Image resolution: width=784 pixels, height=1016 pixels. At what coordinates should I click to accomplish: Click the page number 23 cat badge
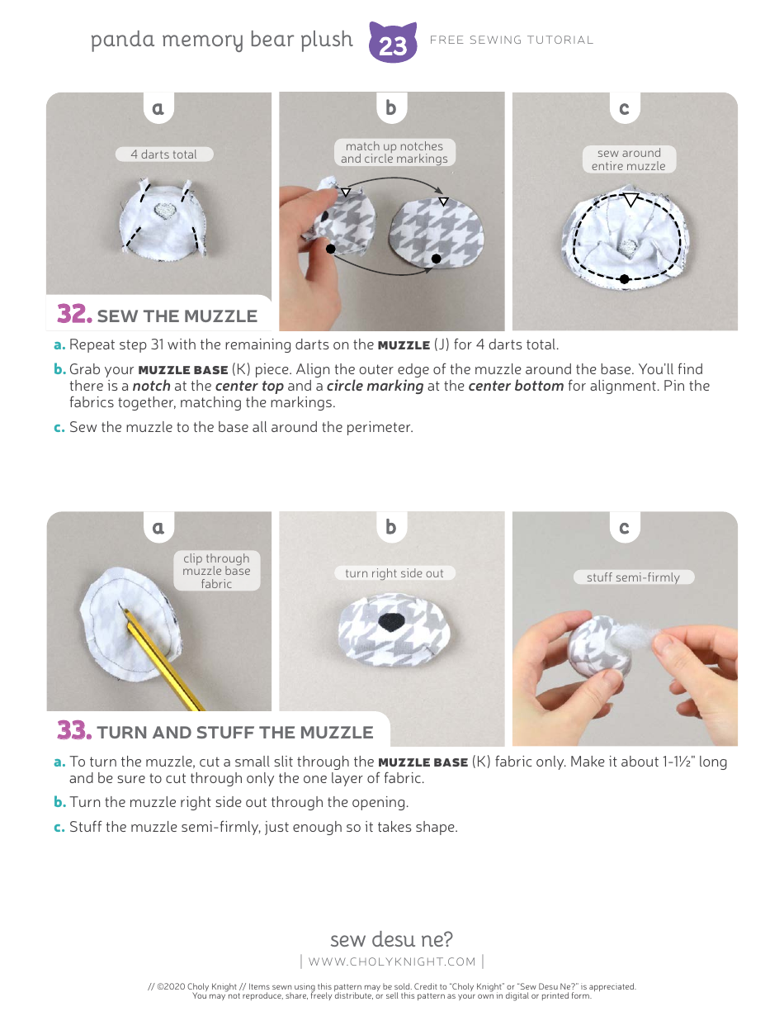pyautogui.click(x=393, y=43)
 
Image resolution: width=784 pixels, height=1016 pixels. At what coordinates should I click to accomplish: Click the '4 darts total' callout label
pyautogui.click(x=163, y=154)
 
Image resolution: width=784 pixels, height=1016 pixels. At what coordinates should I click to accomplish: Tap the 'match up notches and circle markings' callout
pyautogui.click(x=394, y=153)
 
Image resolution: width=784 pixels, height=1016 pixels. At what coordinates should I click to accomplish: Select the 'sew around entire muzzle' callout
pyautogui.click(x=629, y=159)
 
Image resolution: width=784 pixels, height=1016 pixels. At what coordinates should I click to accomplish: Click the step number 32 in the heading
pyautogui.click(x=73, y=315)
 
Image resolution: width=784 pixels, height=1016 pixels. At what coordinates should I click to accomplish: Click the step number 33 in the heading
pyautogui.click(x=73, y=731)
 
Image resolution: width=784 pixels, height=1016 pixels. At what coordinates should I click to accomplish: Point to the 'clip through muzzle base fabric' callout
pyautogui.click(x=216, y=571)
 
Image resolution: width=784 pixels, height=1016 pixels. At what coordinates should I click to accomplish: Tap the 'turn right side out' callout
pyautogui.click(x=394, y=573)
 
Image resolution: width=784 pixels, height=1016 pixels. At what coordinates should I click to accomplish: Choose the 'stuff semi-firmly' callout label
pyautogui.click(x=633, y=577)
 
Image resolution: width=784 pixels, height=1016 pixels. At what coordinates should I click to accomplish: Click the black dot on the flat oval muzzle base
pyautogui.click(x=436, y=259)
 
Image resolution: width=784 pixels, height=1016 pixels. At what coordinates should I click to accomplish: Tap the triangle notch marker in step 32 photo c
pyautogui.click(x=631, y=200)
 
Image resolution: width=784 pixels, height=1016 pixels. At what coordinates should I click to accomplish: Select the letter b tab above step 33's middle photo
pyautogui.click(x=391, y=527)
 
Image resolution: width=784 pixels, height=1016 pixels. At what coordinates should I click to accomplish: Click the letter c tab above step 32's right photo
pyautogui.click(x=624, y=108)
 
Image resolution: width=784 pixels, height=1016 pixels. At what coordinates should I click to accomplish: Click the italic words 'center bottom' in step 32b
pyautogui.click(x=516, y=386)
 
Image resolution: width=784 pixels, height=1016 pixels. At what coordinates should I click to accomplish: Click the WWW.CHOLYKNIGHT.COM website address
pyautogui.click(x=392, y=961)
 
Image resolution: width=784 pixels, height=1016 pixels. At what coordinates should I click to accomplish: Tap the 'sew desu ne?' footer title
pyautogui.click(x=391, y=939)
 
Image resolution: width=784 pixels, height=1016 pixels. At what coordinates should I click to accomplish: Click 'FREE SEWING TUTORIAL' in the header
pyautogui.click(x=512, y=40)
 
